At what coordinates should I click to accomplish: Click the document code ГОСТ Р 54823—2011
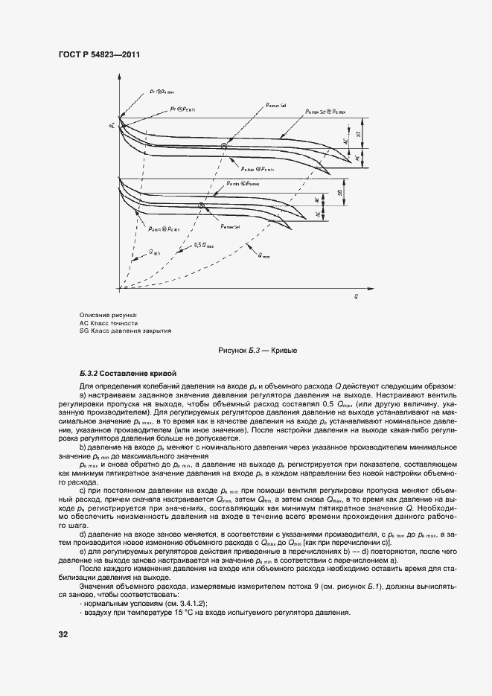pos(99,55)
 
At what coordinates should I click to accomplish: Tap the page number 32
pos(63,634)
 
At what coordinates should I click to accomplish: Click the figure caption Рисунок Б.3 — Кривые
pos(252,350)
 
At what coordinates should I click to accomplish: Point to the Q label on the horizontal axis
pos(357,296)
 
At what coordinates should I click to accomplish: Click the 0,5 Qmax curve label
pos(202,244)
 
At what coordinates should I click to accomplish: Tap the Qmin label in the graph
pos(155,252)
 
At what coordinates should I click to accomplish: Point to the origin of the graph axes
pos(119,287)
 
